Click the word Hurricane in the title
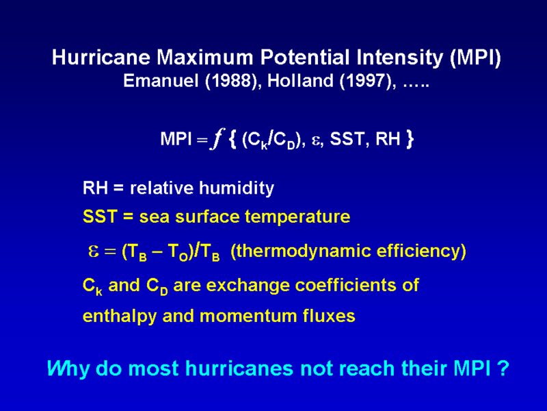pyautogui.click(x=101, y=58)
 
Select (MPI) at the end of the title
pyautogui.click(x=475, y=58)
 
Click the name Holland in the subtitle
pyautogui.click(x=300, y=81)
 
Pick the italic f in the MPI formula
pyautogui.click(x=217, y=139)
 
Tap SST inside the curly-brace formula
pyautogui.click(x=347, y=139)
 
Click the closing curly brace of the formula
pyautogui.click(x=410, y=139)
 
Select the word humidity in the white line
pyautogui.click(x=237, y=188)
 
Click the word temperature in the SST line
pyautogui.click(x=297, y=216)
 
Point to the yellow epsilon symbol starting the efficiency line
pyautogui.click(x=94, y=251)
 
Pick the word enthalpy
pyautogui.click(x=119, y=316)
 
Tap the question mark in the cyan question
pyautogui.click(x=503, y=368)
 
